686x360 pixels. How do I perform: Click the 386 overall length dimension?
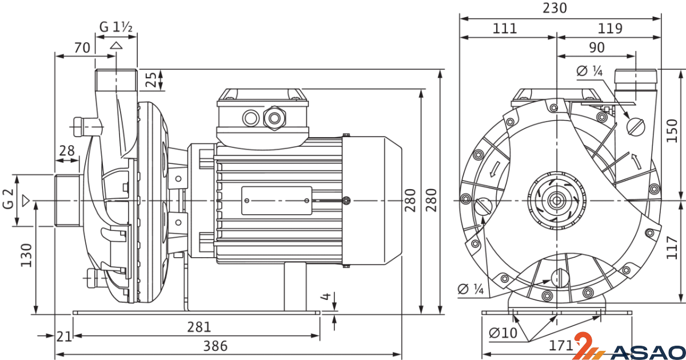(x=216, y=346)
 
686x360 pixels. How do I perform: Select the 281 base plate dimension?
(x=199, y=327)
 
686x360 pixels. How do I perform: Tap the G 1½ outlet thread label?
(x=115, y=27)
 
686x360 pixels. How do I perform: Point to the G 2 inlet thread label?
(x=8, y=199)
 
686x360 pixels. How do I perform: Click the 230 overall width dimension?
(x=555, y=8)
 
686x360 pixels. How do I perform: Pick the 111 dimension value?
(x=505, y=29)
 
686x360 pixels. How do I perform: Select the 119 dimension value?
(x=610, y=29)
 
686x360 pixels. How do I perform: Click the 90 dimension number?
(x=597, y=47)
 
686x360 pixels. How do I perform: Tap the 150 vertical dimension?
(x=672, y=131)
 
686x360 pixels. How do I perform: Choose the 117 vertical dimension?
(x=672, y=247)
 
